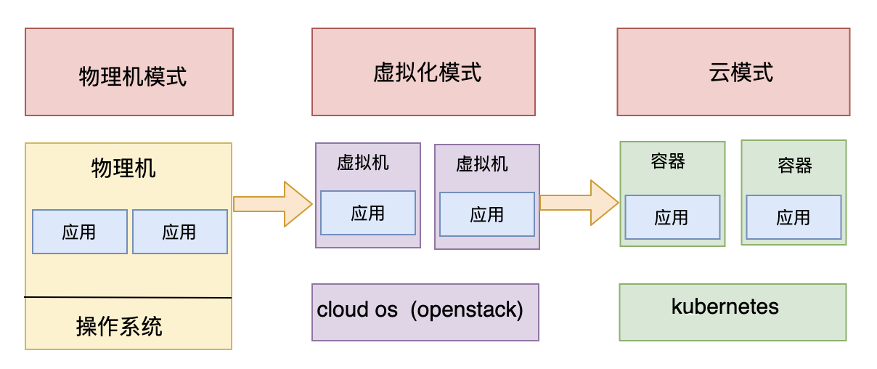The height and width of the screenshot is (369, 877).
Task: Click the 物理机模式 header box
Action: (129, 72)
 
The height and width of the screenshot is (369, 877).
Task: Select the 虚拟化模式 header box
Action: (424, 72)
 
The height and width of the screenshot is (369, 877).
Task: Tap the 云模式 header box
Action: (734, 72)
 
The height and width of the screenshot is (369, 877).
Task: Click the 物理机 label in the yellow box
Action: (123, 169)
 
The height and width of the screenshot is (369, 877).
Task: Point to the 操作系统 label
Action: (119, 326)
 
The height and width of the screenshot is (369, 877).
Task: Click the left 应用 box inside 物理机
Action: (80, 232)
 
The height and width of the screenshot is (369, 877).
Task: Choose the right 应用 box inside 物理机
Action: (180, 232)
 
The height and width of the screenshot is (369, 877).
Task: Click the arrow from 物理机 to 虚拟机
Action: (273, 204)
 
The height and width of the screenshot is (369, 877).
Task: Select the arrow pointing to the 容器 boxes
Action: (579, 203)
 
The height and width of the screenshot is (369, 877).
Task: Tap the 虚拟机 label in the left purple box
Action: (363, 163)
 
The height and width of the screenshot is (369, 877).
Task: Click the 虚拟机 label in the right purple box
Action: (482, 164)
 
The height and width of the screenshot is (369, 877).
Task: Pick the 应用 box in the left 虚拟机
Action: (368, 213)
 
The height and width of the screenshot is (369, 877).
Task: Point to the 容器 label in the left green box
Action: (668, 161)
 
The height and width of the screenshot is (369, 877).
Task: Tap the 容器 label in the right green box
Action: (795, 166)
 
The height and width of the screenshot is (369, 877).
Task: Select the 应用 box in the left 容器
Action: (672, 217)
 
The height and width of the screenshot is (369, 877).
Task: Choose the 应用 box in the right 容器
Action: (794, 217)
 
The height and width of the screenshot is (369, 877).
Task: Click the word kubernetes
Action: (725, 307)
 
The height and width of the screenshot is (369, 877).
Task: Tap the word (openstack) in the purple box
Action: (467, 310)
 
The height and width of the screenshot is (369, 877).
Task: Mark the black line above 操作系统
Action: (128, 297)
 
